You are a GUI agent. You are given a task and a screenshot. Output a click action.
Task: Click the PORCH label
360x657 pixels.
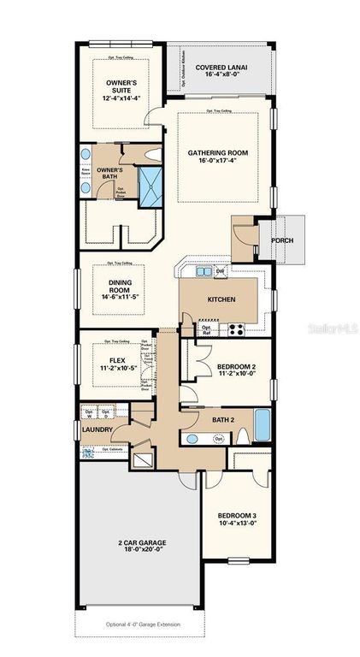282,240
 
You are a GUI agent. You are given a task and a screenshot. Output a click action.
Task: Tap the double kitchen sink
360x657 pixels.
203,272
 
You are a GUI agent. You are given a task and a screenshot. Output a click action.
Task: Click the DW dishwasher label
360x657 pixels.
221,271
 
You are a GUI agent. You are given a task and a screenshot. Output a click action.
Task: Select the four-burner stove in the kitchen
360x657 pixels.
233,328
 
